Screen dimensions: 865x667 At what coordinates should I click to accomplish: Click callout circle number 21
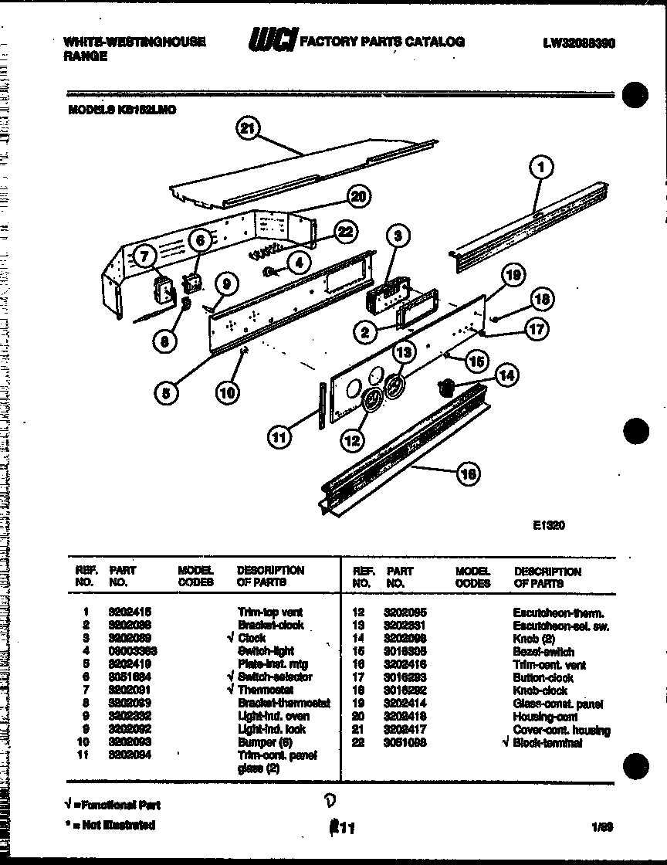pyautogui.click(x=248, y=129)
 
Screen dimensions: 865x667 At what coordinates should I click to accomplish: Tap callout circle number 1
pyautogui.click(x=542, y=165)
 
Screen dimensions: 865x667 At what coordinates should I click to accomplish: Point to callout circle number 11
pyautogui.click(x=279, y=437)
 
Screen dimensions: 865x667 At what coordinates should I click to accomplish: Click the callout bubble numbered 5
pyautogui.click(x=166, y=392)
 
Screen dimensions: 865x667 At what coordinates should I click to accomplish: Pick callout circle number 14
pyautogui.click(x=506, y=375)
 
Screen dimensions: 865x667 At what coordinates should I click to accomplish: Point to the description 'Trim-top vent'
pyautogui.click(x=270, y=612)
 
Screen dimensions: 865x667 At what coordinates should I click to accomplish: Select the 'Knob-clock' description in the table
pyautogui.click(x=540, y=690)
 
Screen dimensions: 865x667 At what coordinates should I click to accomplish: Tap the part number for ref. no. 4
pyautogui.click(x=130, y=651)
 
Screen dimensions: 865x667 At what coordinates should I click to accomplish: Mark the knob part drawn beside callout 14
pyautogui.click(x=446, y=387)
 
